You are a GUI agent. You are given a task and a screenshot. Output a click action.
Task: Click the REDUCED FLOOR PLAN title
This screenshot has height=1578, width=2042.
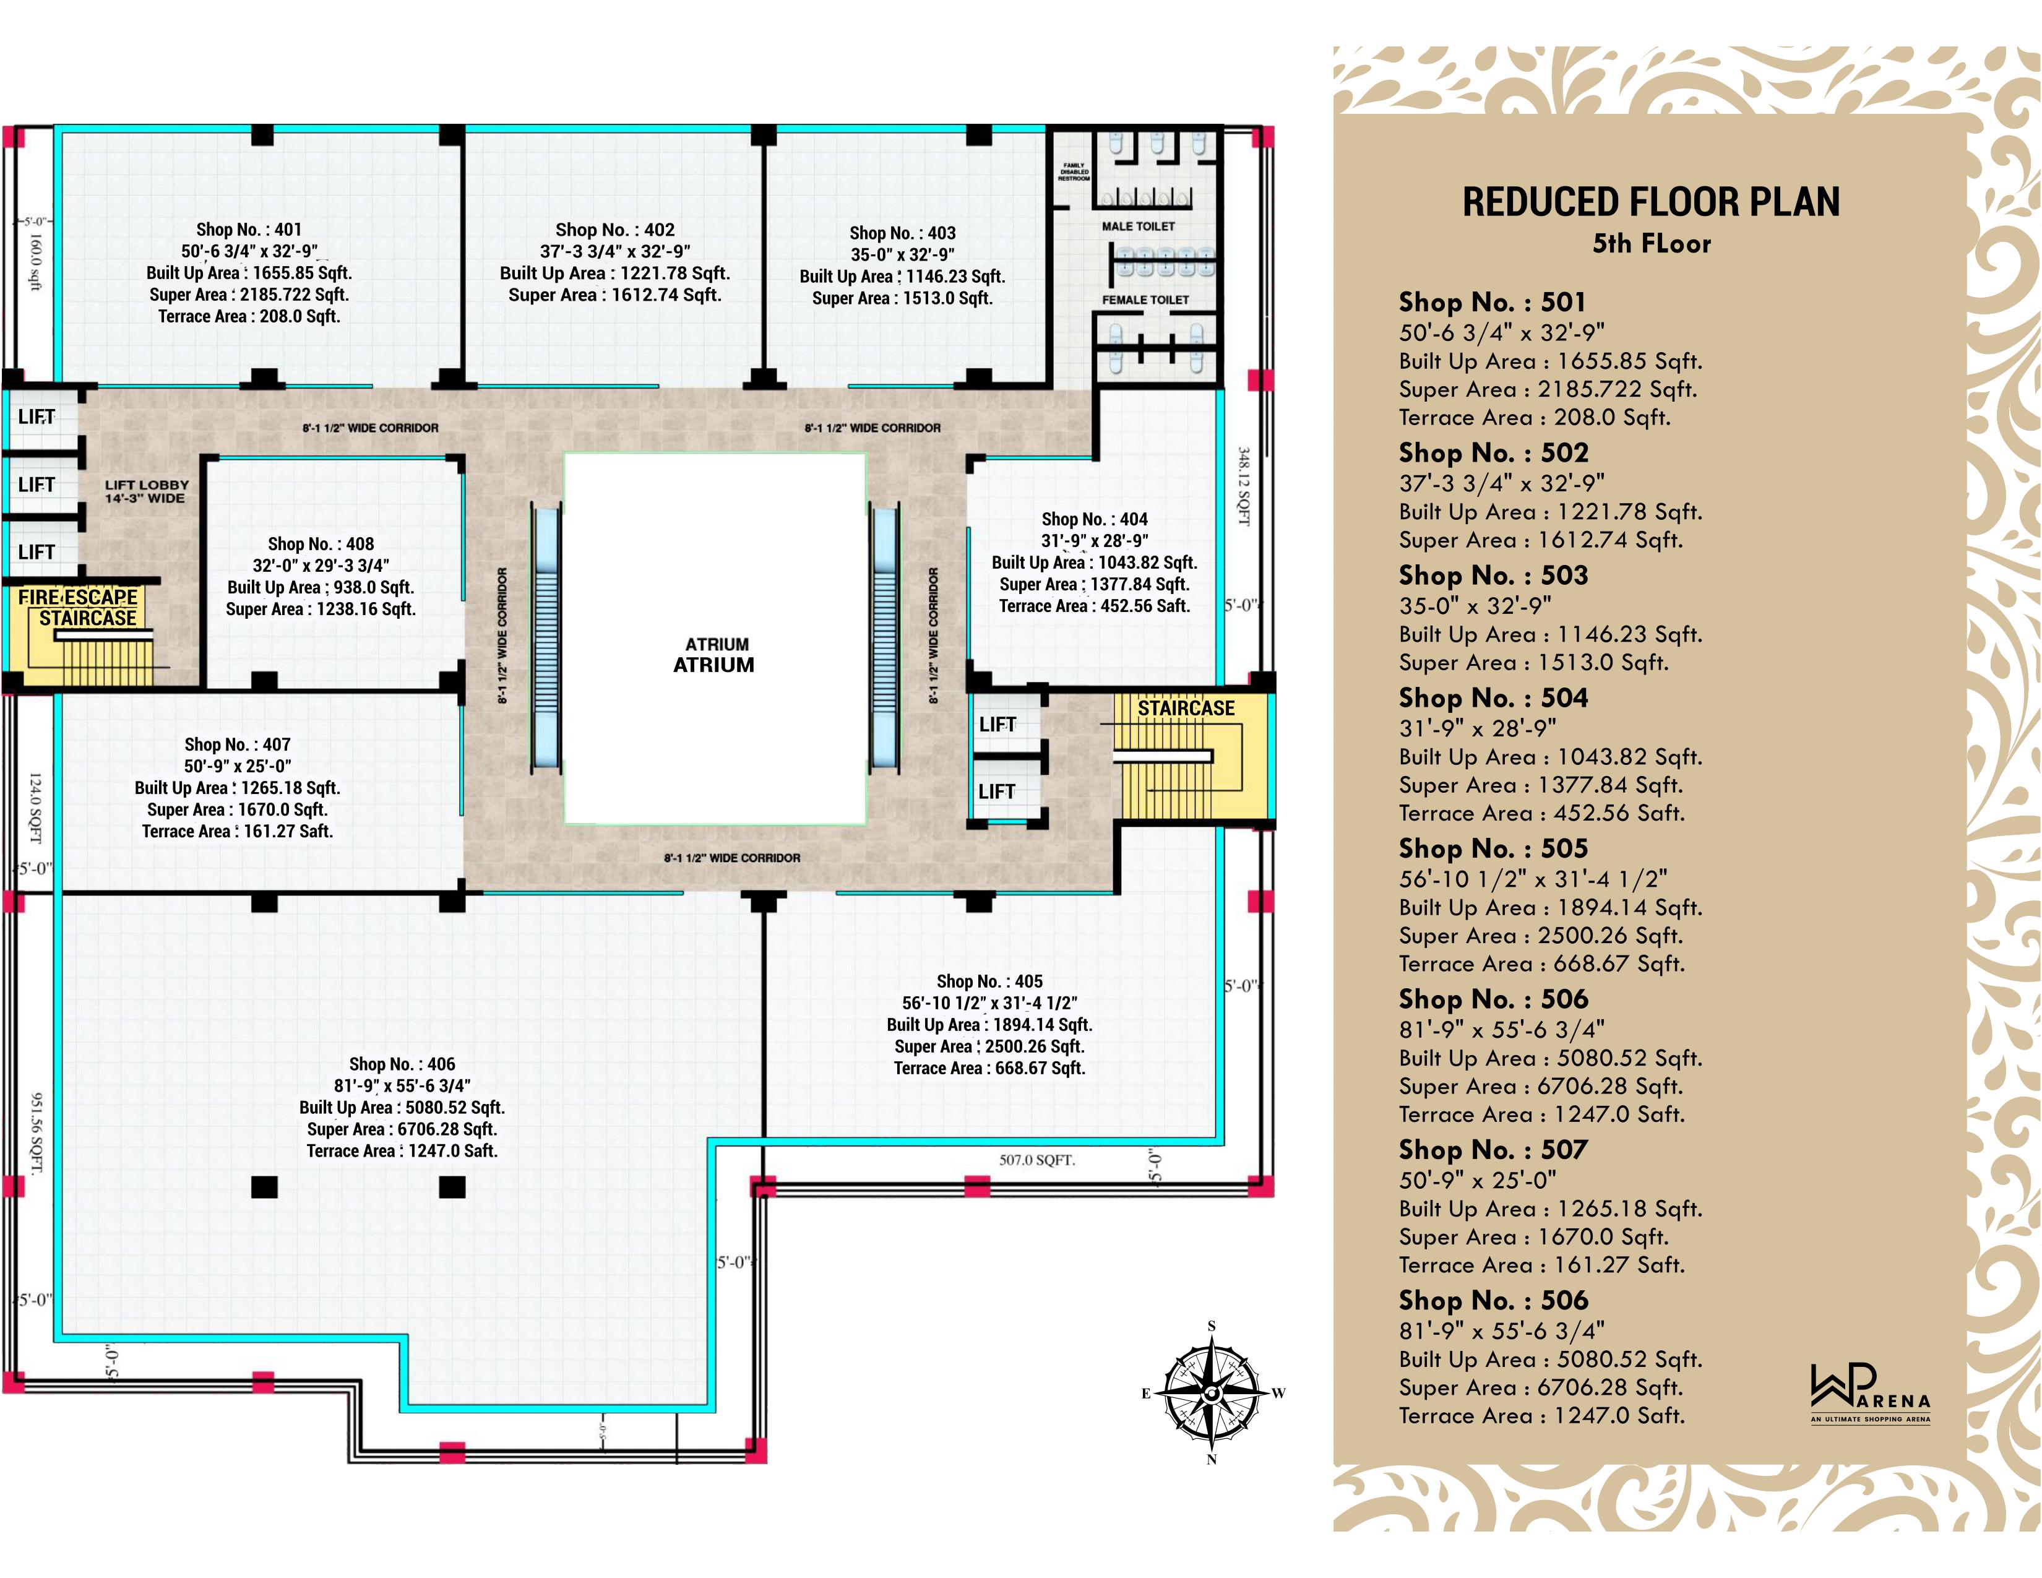[x=1650, y=202]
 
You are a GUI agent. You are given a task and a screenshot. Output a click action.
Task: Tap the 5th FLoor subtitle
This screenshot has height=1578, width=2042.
[x=1651, y=244]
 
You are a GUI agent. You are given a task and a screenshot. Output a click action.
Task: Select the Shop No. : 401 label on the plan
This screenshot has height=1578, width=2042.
[x=249, y=229]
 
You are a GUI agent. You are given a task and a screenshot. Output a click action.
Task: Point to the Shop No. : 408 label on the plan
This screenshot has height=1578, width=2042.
[x=321, y=544]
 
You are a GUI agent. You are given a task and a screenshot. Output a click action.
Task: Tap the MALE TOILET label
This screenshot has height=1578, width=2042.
[x=1138, y=226]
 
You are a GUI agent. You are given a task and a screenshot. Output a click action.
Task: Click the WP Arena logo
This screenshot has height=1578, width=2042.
[x=1870, y=1393]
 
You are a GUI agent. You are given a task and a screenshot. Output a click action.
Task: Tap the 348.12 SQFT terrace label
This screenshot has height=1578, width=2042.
[x=1244, y=486]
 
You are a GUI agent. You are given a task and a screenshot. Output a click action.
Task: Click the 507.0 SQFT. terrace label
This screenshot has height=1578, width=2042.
[x=1037, y=1160]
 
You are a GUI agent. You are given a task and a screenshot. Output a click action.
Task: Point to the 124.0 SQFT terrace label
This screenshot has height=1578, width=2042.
[x=35, y=808]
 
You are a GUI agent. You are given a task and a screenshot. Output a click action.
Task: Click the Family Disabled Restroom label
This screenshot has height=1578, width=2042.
[x=1074, y=172]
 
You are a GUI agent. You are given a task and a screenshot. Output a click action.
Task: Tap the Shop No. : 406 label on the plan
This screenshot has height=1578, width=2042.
[x=402, y=1064]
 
